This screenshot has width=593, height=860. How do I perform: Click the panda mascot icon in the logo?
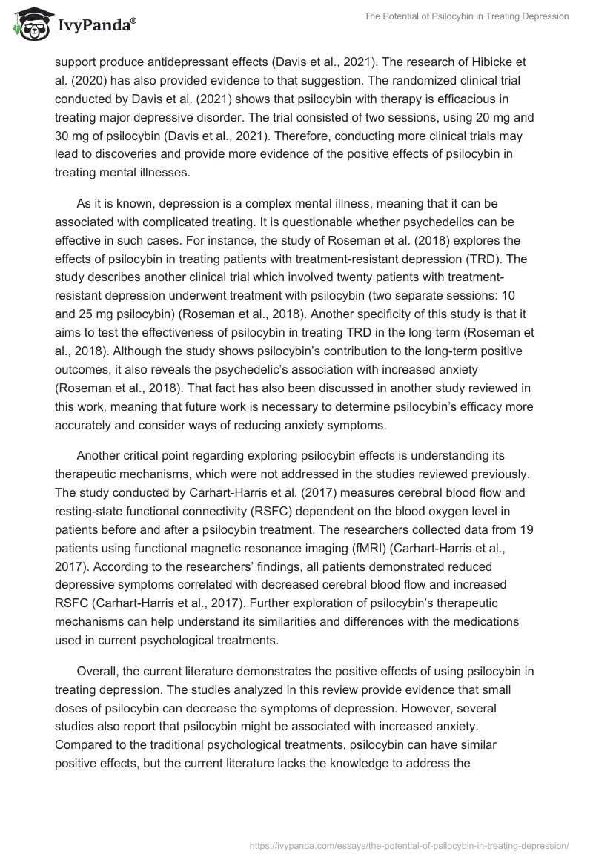click(28, 25)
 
